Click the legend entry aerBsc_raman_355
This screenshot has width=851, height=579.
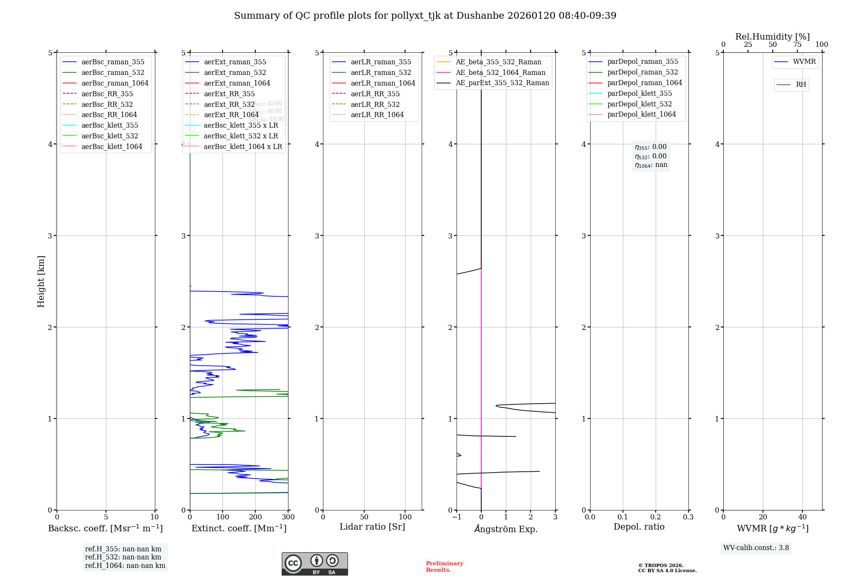click(x=113, y=62)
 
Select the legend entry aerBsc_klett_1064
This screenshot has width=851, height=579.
click(x=112, y=147)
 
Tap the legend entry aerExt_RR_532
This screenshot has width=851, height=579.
click(x=229, y=105)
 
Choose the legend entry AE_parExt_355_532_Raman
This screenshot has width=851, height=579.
click(x=502, y=83)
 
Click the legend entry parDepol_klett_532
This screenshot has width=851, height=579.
click(x=640, y=104)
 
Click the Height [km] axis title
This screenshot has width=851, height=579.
click(x=41, y=281)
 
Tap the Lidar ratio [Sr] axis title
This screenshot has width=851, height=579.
click(x=372, y=527)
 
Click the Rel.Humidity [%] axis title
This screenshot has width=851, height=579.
click(x=772, y=37)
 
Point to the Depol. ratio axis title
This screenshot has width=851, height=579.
click(x=639, y=527)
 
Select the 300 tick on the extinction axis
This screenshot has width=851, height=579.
click(x=288, y=517)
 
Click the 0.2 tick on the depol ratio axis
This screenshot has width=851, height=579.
click(x=656, y=517)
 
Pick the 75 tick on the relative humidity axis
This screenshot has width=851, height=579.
click(x=797, y=45)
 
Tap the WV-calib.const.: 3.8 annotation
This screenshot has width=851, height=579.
click(x=756, y=548)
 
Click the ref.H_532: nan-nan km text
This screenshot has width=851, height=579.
click(x=123, y=557)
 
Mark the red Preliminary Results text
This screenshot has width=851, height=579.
click(x=444, y=567)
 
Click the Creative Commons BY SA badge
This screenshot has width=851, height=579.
click(x=314, y=564)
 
